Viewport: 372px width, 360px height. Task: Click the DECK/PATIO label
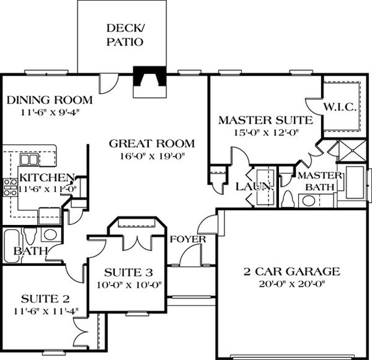point(125,35)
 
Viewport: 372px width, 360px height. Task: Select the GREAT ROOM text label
point(151,143)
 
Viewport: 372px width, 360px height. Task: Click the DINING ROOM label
point(49,100)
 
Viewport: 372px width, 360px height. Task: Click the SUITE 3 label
point(128,273)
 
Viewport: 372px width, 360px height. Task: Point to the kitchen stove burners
point(9,187)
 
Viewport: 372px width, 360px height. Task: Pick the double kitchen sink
point(29,159)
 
